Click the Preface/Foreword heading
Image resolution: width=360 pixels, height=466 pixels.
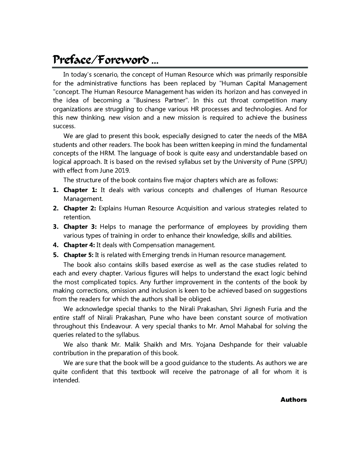105,60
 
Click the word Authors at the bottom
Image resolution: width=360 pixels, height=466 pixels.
293,400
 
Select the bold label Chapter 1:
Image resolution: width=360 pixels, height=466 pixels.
80,190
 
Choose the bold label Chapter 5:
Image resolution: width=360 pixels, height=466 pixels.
78,255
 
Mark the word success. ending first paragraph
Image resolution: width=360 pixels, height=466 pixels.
64,126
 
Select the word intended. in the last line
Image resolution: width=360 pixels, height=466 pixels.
66,380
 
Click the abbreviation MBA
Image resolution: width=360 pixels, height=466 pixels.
300,136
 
